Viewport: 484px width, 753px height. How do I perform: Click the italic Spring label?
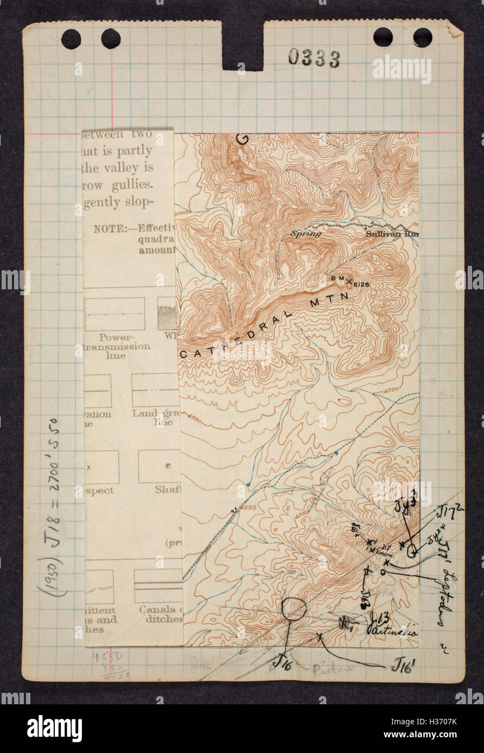click(x=305, y=234)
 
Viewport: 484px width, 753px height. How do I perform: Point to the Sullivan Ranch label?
click(x=392, y=234)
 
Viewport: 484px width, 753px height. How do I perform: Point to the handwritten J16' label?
click(x=404, y=665)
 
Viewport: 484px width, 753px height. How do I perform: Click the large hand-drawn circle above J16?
click(x=294, y=608)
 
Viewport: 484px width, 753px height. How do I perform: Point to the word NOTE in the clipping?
click(x=109, y=229)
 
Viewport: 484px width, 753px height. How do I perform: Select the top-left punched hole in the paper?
click(x=71, y=39)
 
